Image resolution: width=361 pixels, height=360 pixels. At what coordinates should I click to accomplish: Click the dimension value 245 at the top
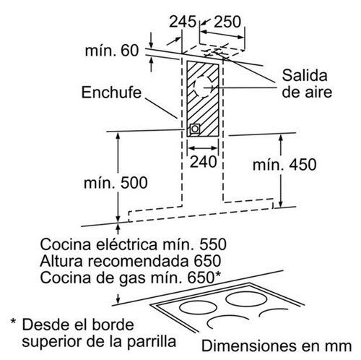(x=183, y=22)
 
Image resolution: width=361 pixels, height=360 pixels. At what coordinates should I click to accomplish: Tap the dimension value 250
(x=227, y=22)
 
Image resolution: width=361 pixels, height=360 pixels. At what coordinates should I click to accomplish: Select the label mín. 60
(x=112, y=51)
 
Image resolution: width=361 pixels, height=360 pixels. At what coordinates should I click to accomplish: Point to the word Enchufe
(x=111, y=93)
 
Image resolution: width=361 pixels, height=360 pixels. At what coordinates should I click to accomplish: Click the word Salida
(x=305, y=75)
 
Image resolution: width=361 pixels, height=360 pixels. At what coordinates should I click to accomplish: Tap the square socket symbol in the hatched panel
(x=195, y=129)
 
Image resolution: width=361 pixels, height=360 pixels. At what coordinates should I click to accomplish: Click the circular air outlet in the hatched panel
(x=204, y=87)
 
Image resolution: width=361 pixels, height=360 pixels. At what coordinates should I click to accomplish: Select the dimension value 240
(x=204, y=162)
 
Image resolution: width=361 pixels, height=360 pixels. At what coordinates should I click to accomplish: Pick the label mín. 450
(x=284, y=165)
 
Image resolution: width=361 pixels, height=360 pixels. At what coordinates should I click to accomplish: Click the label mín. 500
(x=116, y=183)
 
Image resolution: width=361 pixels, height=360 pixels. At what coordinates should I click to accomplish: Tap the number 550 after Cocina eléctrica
(x=213, y=244)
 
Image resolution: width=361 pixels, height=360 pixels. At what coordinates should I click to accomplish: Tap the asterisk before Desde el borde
(x=14, y=322)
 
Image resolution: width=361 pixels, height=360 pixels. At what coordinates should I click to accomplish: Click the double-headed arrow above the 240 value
(x=203, y=147)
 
